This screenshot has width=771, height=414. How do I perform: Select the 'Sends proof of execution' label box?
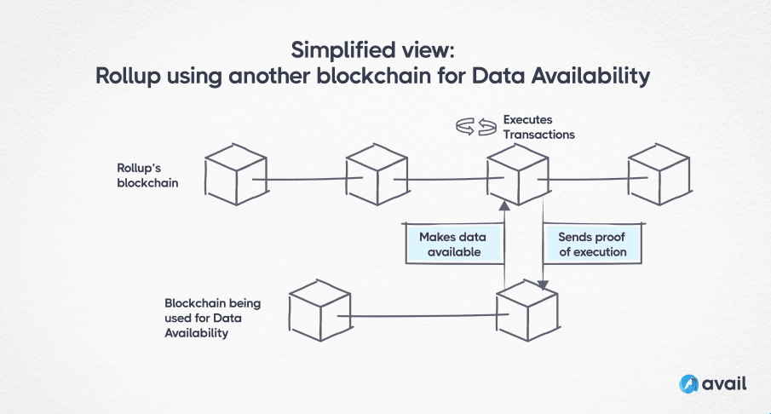pos(591,244)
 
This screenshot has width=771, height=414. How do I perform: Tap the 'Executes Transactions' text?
pos(538,127)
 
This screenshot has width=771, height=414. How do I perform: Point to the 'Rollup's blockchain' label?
pos(147,174)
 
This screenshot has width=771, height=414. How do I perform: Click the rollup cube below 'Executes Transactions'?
pos(516,175)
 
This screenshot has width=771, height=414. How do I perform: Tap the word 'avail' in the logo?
pos(724,383)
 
